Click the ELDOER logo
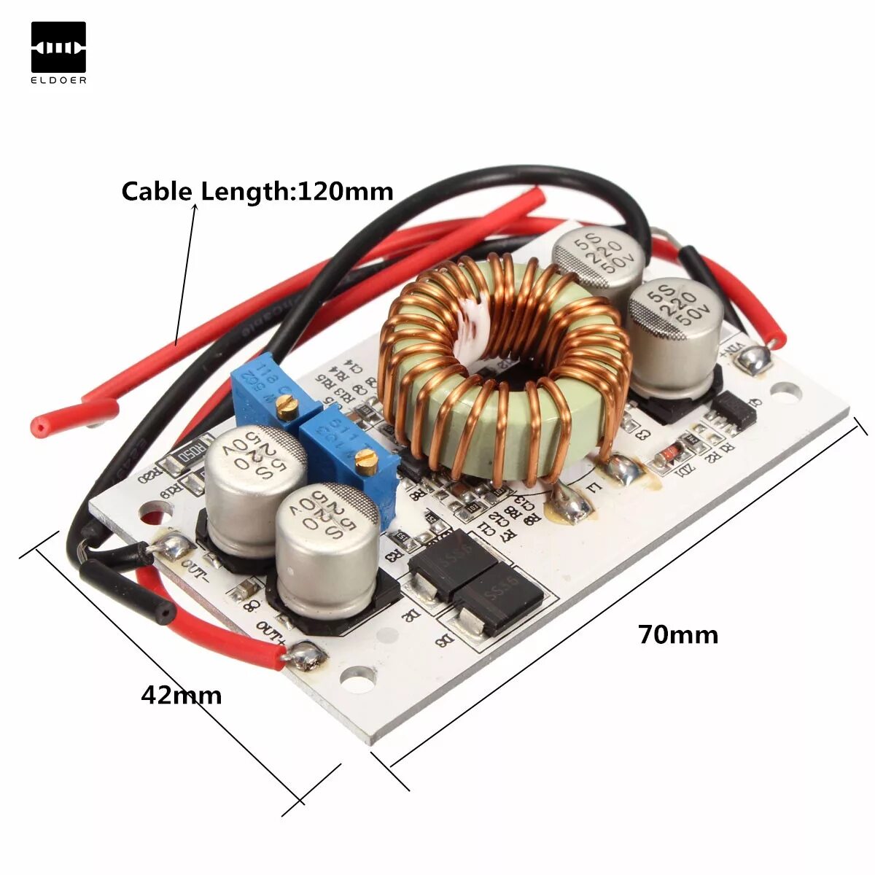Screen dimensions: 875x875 click(x=58, y=52)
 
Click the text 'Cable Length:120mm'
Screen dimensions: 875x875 click(x=257, y=191)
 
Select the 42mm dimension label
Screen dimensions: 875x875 click(x=181, y=694)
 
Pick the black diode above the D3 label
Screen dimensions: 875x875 click(x=499, y=599)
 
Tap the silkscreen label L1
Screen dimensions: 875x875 click(x=592, y=487)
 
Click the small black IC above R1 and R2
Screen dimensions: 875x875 click(x=735, y=412)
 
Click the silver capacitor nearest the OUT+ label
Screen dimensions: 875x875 click(x=327, y=547)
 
